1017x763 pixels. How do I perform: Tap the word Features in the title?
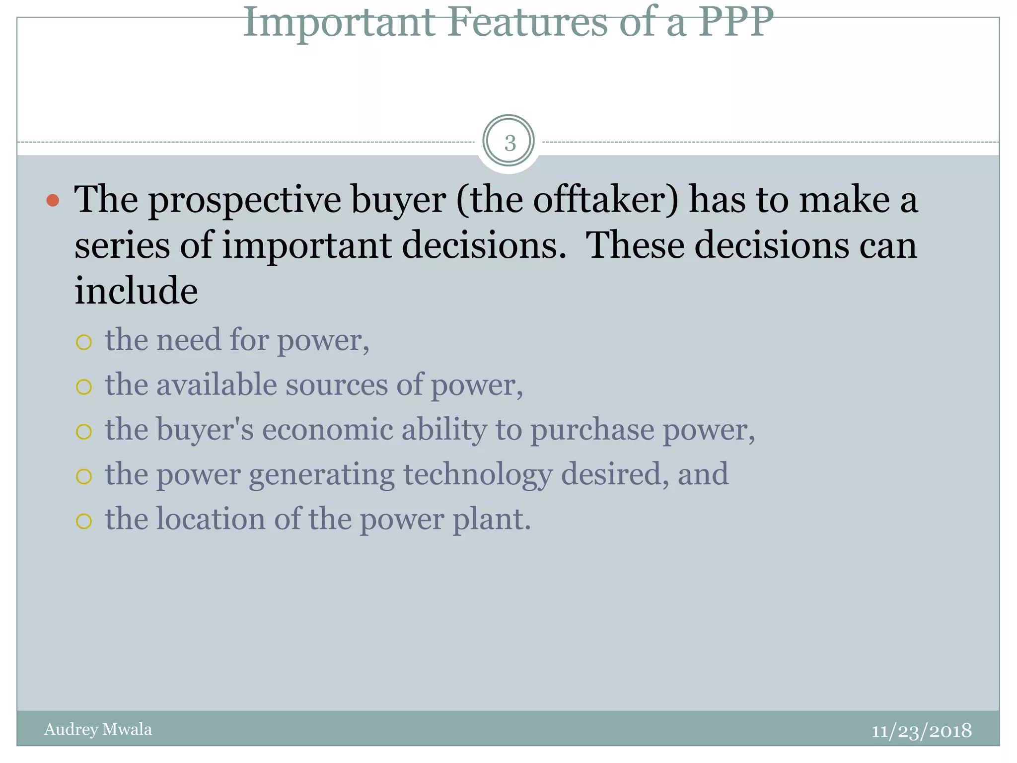click(x=527, y=22)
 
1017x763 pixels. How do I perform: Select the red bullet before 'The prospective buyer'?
click(x=53, y=201)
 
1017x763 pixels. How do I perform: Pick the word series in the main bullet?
click(x=122, y=245)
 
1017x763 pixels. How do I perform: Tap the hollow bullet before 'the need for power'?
click(x=84, y=342)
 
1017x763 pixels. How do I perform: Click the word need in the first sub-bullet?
click(x=189, y=340)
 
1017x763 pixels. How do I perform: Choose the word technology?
click(x=478, y=475)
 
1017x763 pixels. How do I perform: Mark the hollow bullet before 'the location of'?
click(x=84, y=521)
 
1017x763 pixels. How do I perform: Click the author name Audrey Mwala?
click(x=98, y=729)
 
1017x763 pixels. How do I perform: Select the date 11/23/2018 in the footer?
click(x=921, y=731)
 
